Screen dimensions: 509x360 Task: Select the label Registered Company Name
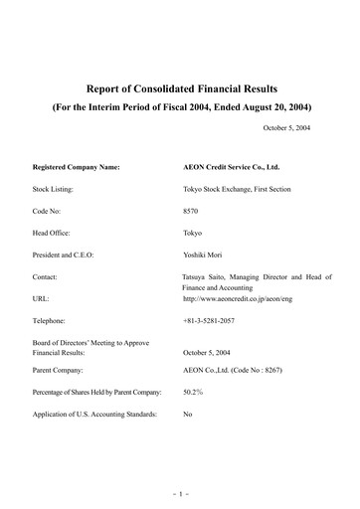[76, 166]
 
